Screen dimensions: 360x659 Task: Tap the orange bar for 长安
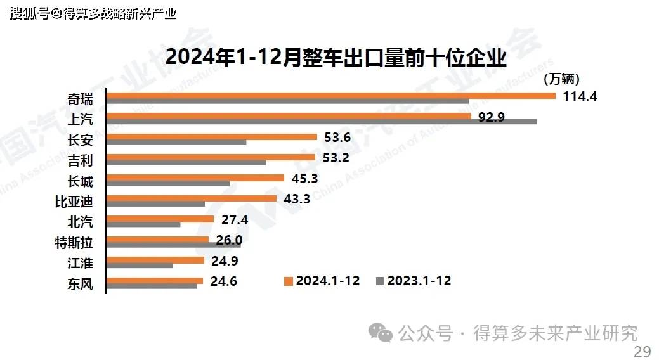212,137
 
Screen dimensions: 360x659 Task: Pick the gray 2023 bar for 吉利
186,162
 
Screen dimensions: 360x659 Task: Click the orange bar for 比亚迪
192,198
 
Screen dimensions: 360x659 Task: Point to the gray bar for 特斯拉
174,245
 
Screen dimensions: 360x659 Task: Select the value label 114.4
580,96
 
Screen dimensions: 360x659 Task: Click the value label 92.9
492,117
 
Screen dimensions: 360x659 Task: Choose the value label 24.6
224,281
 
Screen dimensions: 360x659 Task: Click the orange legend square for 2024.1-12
289,281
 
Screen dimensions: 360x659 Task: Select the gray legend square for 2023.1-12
380,281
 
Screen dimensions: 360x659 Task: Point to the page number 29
642,352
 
